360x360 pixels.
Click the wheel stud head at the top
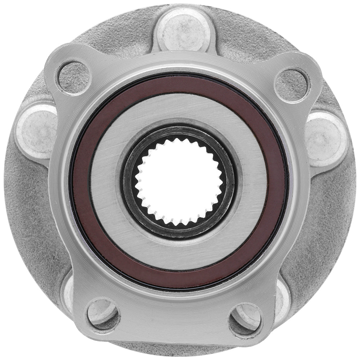(183, 29)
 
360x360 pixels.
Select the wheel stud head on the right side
(326, 139)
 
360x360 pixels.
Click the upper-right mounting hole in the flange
(292, 85)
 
